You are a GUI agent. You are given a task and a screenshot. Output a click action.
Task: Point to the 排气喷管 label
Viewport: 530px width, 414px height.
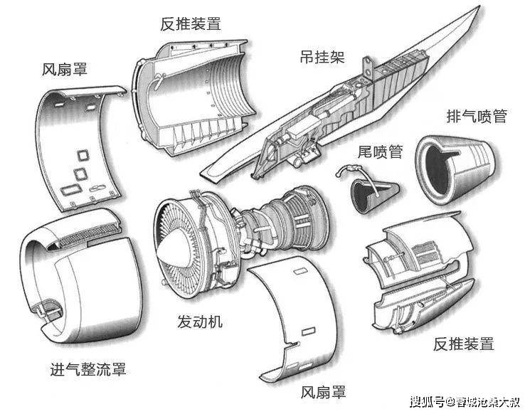476,116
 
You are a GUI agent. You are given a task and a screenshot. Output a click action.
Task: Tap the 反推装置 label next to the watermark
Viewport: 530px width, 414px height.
463,344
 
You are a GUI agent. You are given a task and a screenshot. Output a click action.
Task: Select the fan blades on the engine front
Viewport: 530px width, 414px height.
181,228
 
